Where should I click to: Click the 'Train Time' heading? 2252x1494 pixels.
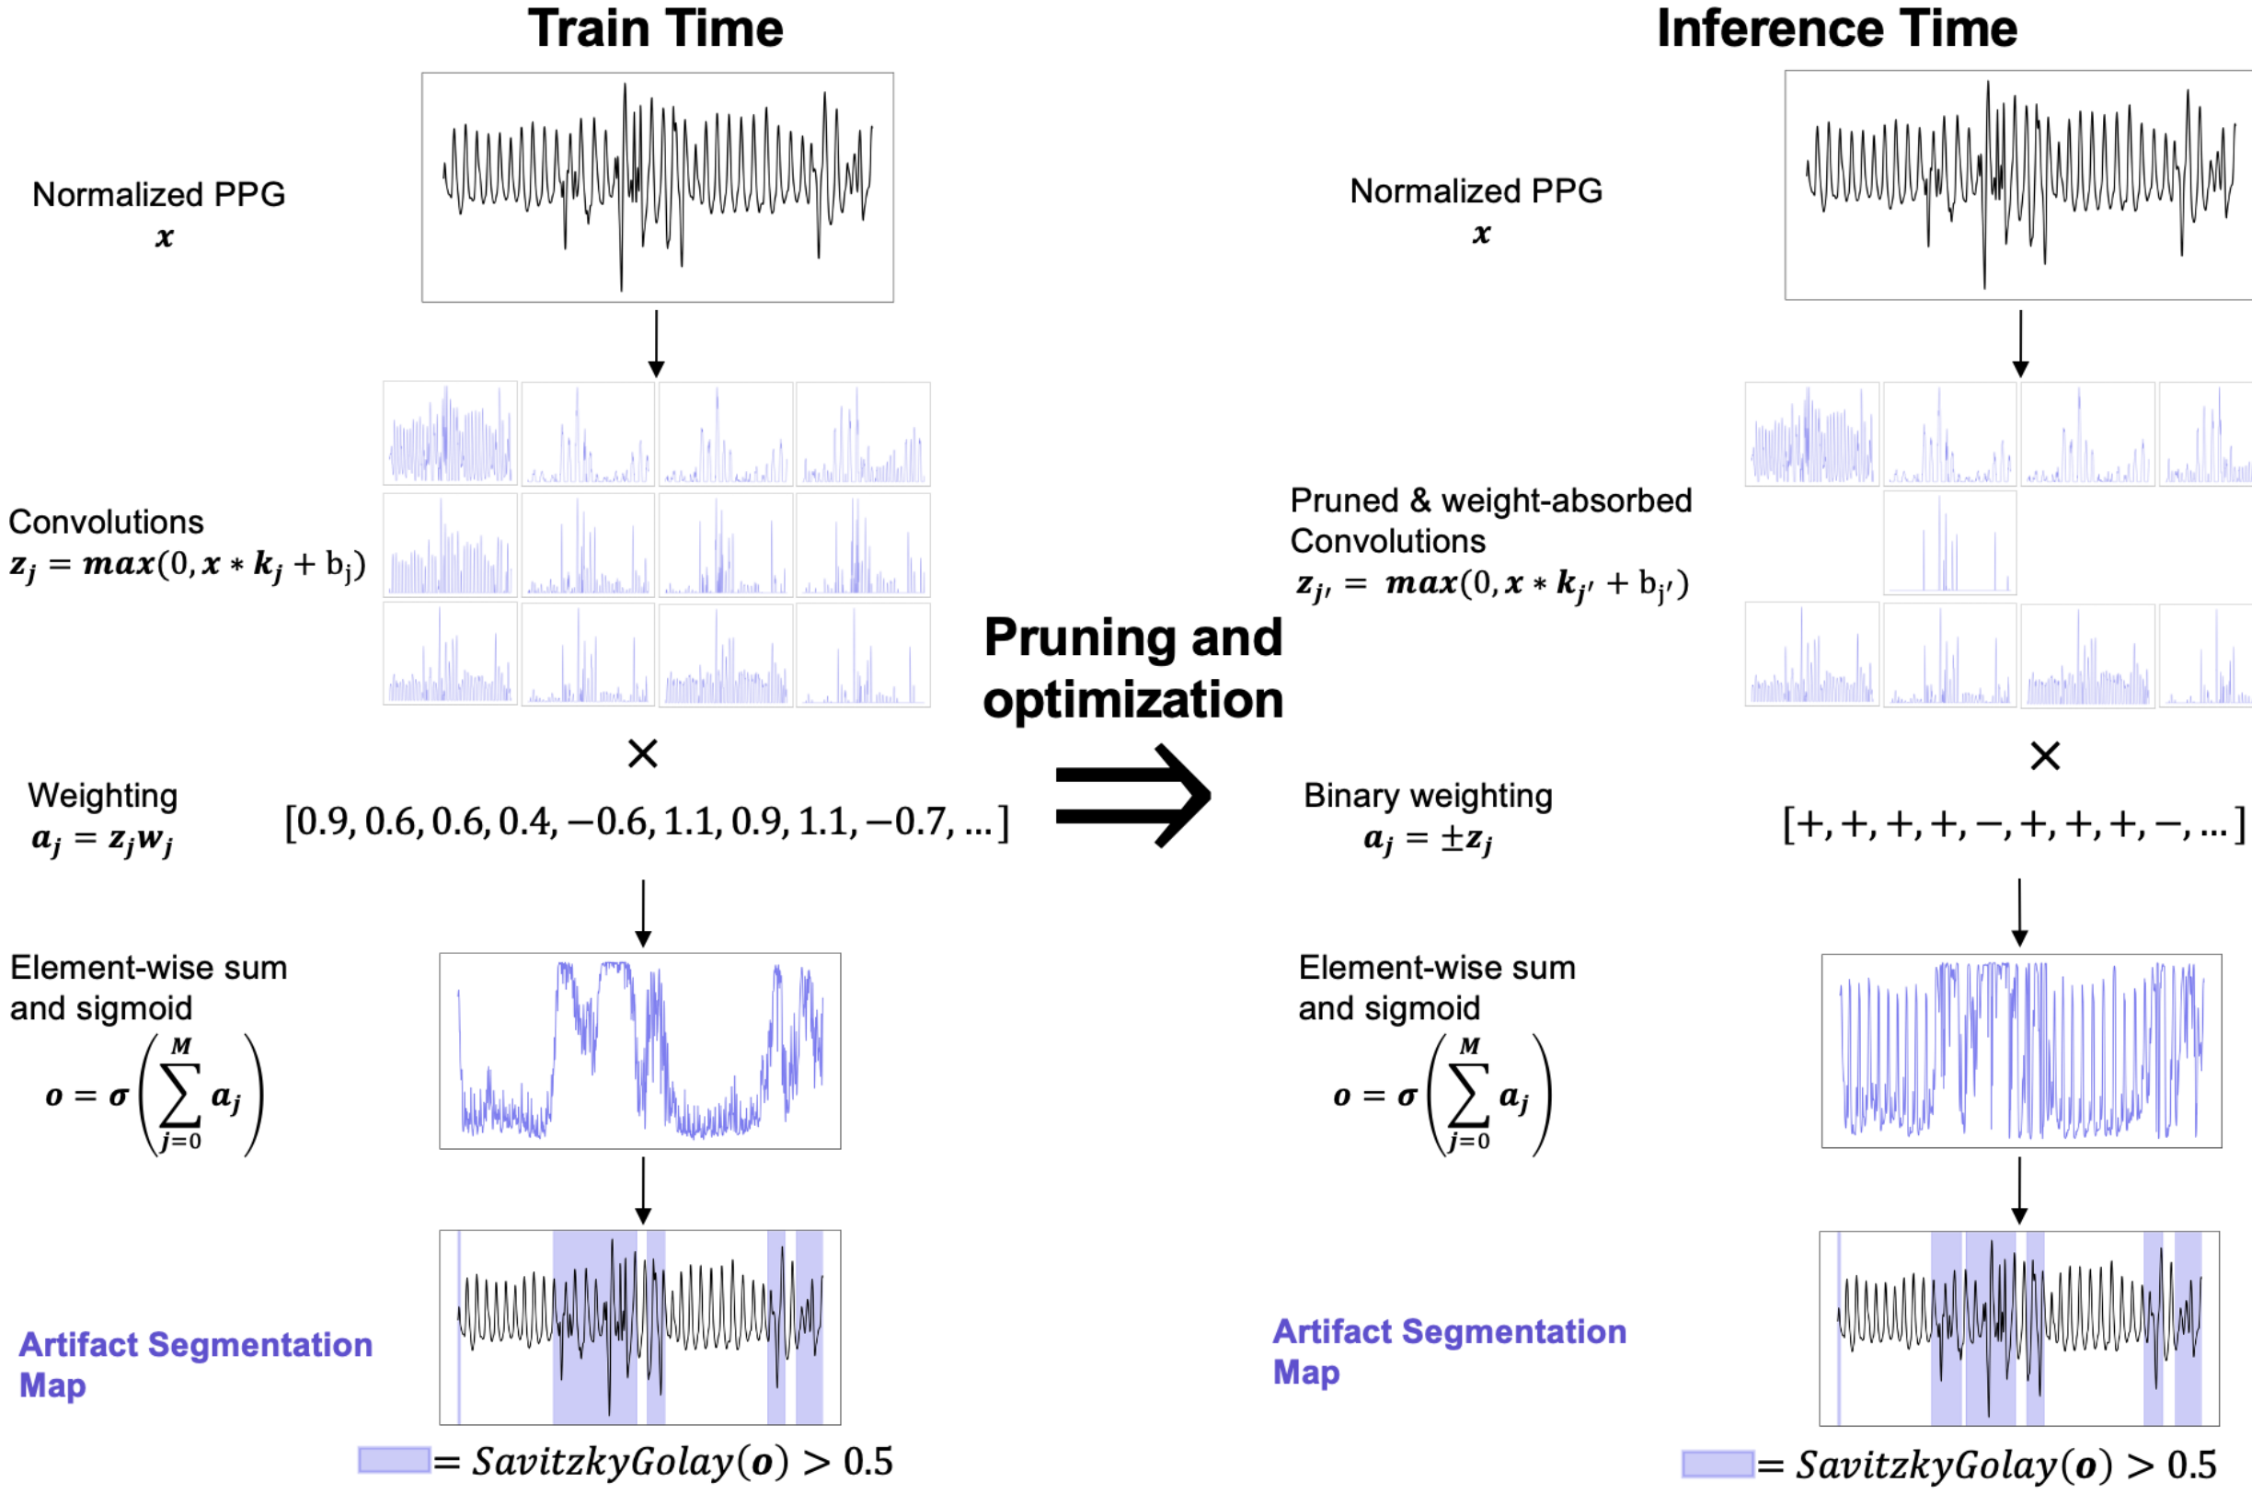tap(655, 29)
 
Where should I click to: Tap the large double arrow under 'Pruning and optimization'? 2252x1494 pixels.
tap(1132, 796)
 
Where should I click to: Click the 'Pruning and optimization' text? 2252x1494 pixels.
tap(1132, 669)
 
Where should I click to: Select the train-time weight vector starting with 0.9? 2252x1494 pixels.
tap(647, 822)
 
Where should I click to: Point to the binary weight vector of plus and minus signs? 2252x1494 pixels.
tap(2013, 824)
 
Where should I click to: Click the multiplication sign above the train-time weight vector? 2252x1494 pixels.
tap(643, 754)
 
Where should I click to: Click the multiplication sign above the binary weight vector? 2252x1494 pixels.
tap(2044, 756)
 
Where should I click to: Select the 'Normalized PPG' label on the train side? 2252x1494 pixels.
tap(159, 195)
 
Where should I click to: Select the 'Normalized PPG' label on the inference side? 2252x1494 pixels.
tap(1476, 191)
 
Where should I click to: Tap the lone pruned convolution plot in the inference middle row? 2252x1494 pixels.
tap(1949, 543)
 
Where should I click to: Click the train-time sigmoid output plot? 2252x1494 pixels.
tap(640, 1050)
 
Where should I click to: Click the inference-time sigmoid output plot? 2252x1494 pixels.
tap(2020, 1050)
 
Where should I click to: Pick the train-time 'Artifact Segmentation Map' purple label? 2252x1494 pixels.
tap(195, 1364)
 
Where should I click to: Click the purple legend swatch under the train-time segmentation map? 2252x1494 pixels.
tap(394, 1460)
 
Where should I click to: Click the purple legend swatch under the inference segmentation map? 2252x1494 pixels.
tap(1717, 1464)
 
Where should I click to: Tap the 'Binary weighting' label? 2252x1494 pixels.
tap(1428, 796)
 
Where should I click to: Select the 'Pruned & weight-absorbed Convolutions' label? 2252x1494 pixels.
tap(1491, 521)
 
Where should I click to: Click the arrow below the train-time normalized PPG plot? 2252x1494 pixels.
tap(655, 343)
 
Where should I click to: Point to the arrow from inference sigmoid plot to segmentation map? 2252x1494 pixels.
tap(2018, 1190)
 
